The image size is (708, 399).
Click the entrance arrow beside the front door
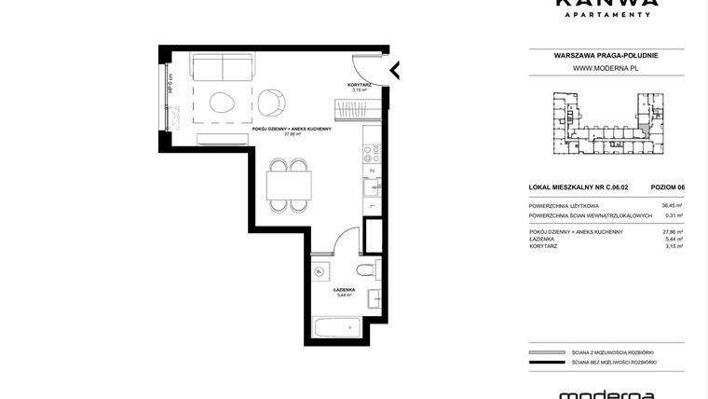(x=395, y=69)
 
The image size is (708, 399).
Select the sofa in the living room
(x=223, y=67)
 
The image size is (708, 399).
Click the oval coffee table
(x=223, y=103)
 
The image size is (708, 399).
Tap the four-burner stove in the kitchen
(x=370, y=152)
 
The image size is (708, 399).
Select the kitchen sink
(x=370, y=187)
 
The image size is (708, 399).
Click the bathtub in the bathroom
(x=337, y=328)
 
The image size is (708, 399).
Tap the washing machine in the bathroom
(x=320, y=272)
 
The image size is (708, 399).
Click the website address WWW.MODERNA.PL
(x=605, y=68)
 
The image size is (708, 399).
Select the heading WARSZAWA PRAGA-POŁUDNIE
(x=606, y=56)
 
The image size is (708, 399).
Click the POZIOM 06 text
(x=668, y=187)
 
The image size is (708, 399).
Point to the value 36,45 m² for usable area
(x=673, y=205)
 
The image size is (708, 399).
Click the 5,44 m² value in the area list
(x=674, y=240)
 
